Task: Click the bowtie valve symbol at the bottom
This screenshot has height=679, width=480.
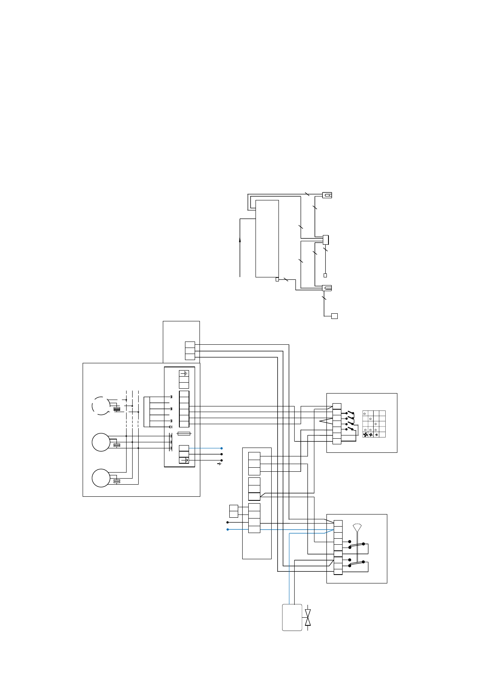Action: point(308,617)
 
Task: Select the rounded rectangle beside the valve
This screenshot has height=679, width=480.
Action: point(292,617)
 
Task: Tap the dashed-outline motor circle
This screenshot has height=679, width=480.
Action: point(101,406)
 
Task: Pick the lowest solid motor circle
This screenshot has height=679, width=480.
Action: point(101,478)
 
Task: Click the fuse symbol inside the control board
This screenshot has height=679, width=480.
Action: point(184,434)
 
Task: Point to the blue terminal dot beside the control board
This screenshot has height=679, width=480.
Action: point(222,448)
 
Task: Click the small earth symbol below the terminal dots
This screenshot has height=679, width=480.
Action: point(219,464)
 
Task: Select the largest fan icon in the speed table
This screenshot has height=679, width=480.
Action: point(365,435)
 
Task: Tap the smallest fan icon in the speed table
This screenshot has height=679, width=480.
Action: point(376,435)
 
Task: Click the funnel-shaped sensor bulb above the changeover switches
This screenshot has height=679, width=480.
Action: point(357,527)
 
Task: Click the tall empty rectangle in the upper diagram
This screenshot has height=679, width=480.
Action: point(267,238)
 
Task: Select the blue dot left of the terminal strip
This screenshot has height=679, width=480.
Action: point(228,529)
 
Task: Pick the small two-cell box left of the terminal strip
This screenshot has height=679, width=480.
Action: point(233,511)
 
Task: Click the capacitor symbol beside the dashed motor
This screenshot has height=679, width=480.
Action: point(117,409)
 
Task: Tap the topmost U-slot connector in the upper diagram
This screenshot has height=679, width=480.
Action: point(327,195)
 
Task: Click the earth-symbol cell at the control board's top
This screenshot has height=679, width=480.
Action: point(184,373)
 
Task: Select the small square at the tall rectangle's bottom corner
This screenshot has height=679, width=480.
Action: point(277,279)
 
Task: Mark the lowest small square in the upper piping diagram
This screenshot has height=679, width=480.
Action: point(334,316)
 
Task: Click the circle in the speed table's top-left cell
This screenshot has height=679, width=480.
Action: point(365,414)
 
